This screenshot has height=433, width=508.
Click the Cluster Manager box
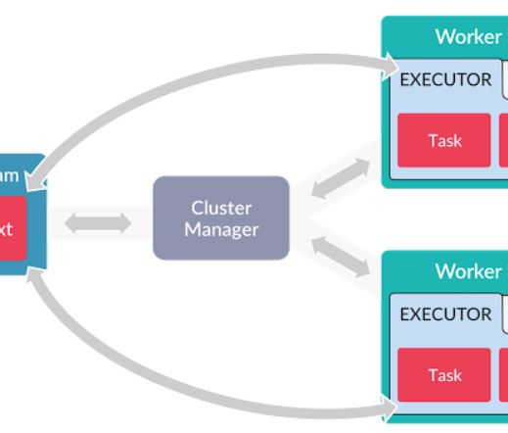(221, 217)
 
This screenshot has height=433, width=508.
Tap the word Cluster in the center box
(221, 208)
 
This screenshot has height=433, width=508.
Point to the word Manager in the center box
(221, 230)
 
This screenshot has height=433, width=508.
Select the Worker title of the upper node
(468, 36)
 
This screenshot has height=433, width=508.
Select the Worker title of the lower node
(468, 271)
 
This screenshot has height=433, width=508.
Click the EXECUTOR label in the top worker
(445, 79)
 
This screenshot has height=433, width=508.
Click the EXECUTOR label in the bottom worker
(445, 314)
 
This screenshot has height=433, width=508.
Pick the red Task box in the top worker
(443, 140)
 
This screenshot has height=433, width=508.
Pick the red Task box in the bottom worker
(443, 375)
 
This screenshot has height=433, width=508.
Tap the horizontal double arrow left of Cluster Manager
(98, 223)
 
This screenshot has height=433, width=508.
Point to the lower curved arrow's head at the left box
(35, 277)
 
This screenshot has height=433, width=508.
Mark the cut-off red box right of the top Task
(503, 140)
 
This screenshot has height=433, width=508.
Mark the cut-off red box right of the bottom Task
(503, 375)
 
